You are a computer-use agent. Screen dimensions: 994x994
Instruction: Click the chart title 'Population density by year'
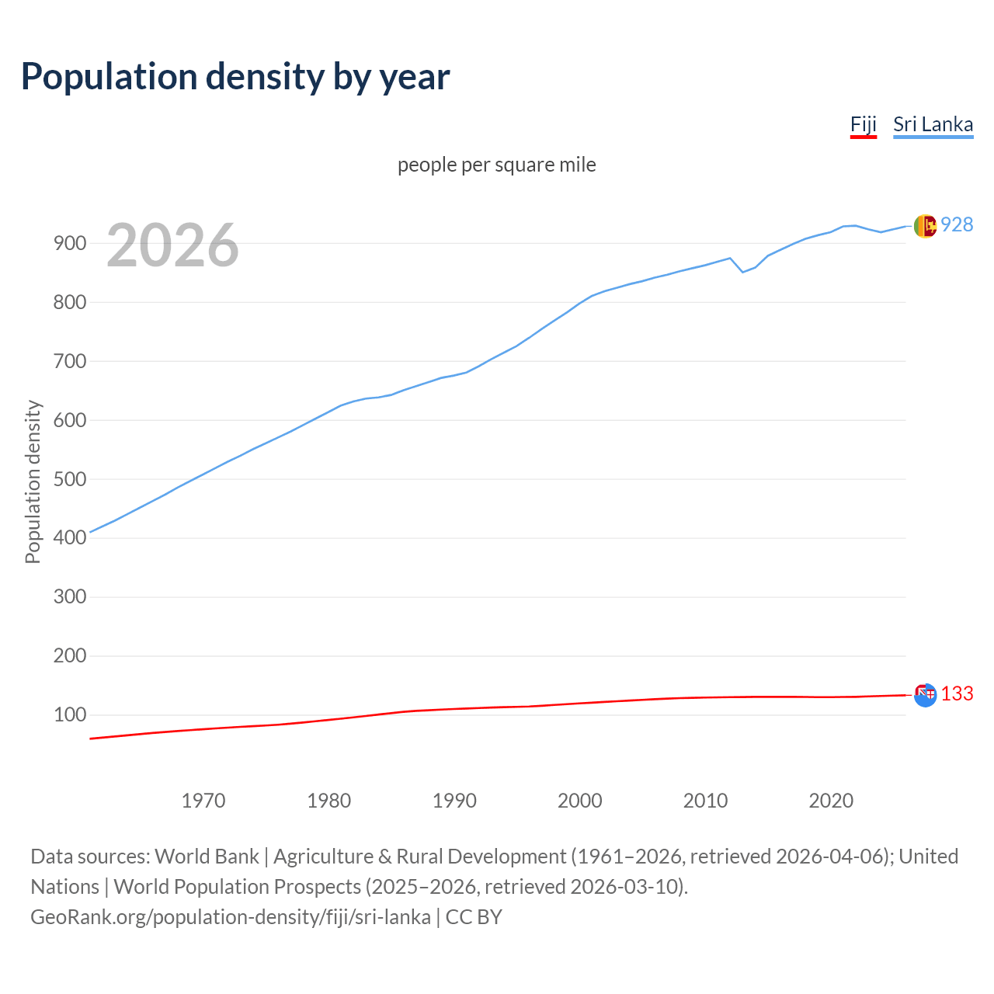click(235, 76)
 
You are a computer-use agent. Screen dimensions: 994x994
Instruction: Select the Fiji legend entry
click(863, 124)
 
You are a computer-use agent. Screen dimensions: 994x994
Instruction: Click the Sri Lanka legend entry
click(933, 124)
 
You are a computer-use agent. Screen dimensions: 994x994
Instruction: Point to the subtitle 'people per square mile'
click(496, 165)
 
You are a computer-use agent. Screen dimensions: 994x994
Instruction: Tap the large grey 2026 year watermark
click(172, 245)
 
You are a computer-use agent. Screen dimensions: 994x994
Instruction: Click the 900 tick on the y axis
click(69, 243)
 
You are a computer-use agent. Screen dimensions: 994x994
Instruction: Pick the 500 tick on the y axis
click(69, 479)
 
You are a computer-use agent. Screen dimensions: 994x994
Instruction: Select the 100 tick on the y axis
click(69, 714)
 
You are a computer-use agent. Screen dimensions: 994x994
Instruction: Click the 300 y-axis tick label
click(69, 597)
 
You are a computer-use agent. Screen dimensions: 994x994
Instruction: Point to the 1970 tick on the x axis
click(203, 800)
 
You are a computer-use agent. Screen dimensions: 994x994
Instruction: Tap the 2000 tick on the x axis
click(580, 800)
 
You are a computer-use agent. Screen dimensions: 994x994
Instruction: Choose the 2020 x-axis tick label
click(831, 800)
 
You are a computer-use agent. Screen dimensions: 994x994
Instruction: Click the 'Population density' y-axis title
click(33, 481)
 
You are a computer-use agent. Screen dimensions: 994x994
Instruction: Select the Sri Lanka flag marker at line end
click(925, 226)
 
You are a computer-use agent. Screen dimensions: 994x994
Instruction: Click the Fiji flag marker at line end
click(925, 695)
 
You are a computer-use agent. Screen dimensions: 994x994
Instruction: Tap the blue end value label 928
click(957, 224)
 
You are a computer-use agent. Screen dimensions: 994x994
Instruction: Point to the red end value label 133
click(957, 693)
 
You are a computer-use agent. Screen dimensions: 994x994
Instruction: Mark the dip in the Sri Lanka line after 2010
click(742, 272)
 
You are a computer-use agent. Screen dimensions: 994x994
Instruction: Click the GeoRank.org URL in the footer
click(231, 917)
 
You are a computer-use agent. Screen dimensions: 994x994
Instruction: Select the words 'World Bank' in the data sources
click(207, 857)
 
